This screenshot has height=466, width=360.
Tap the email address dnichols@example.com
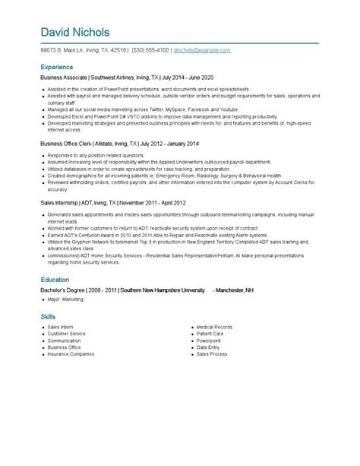click(202, 50)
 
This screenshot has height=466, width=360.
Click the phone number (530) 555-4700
click(150, 50)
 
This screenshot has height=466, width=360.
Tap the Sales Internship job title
click(60, 203)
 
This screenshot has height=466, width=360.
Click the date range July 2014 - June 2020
click(187, 78)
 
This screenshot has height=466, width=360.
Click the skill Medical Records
click(214, 326)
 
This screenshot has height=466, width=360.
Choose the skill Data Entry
click(208, 347)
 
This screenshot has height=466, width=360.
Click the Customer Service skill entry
click(66, 333)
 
